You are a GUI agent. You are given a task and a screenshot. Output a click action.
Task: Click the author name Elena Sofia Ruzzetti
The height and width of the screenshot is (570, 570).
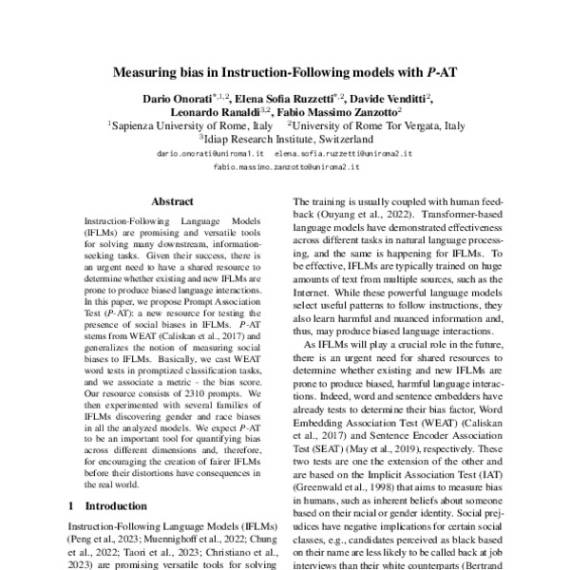(x=275, y=98)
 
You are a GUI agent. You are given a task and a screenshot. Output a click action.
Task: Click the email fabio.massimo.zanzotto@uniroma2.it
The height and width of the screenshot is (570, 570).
(x=286, y=166)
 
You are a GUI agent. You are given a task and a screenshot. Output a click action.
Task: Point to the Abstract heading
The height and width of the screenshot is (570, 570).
(x=173, y=201)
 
